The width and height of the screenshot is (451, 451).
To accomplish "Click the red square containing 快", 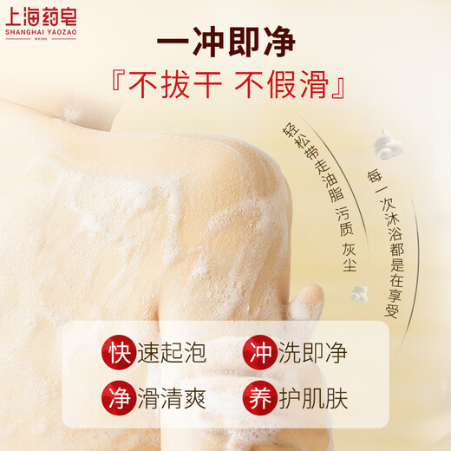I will (120, 353).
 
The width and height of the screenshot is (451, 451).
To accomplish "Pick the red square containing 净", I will (120, 400).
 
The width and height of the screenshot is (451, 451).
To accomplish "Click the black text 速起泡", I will (173, 353).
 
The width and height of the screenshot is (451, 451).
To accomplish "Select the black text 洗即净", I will (312, 353).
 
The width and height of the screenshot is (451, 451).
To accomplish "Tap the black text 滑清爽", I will (173, 400).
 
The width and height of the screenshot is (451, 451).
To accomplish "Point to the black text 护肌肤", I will (312, 400).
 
